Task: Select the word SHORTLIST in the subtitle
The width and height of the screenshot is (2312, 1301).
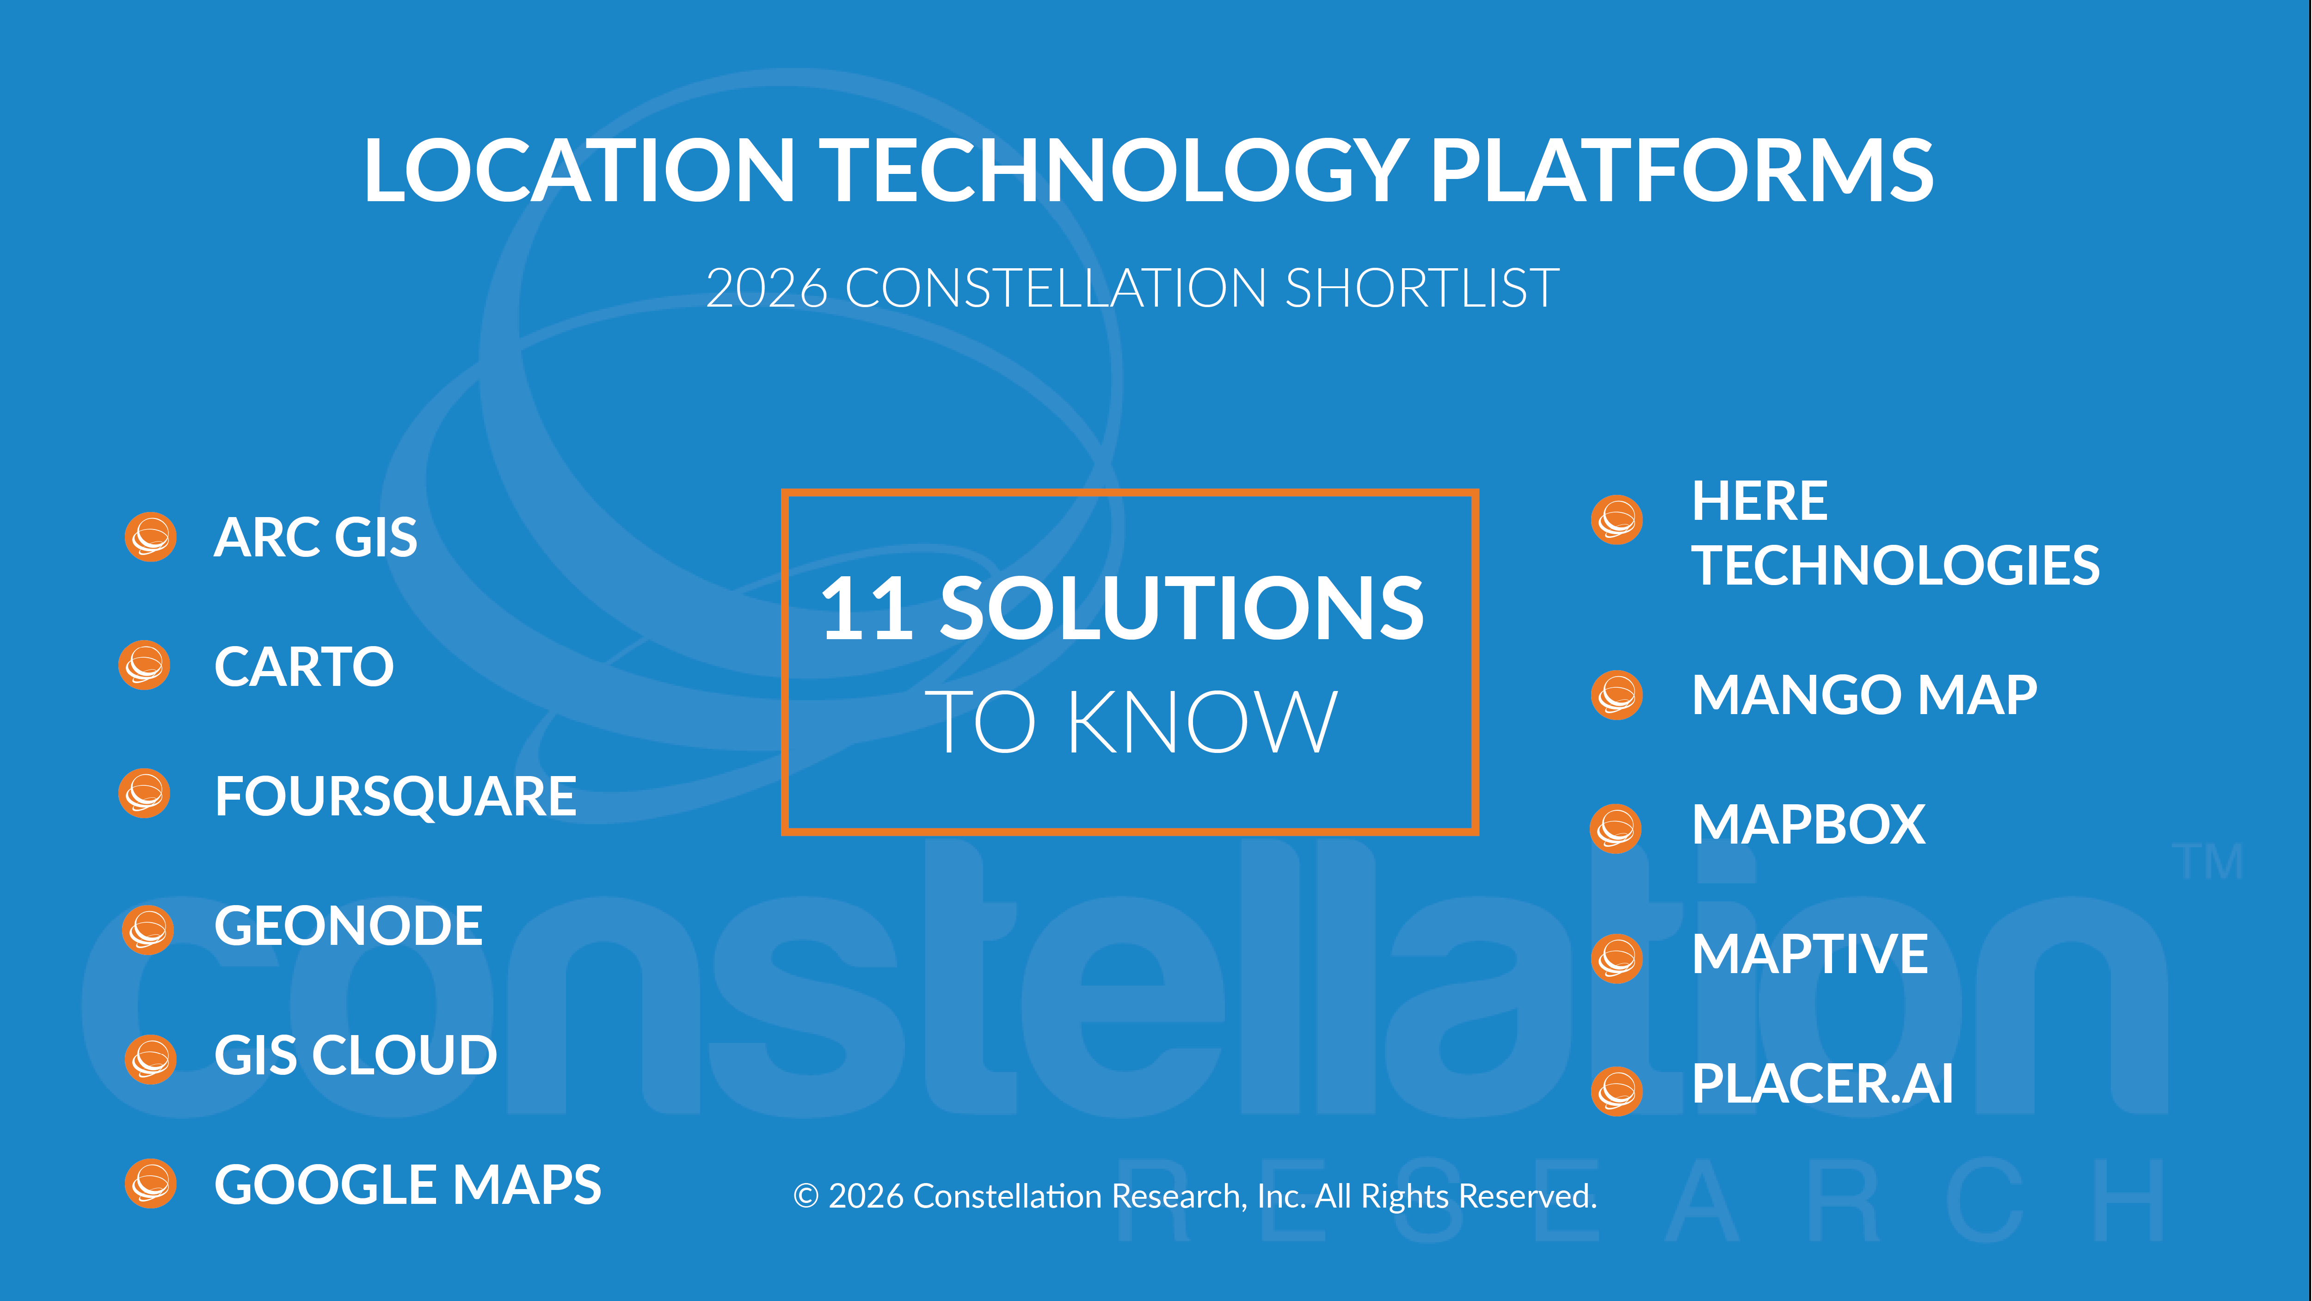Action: coord(1422,288)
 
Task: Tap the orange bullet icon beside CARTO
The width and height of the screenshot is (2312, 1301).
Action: coord(144,666)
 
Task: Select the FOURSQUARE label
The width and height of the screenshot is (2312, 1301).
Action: coord(395,796)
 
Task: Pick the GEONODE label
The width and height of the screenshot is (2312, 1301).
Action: coord(348,926)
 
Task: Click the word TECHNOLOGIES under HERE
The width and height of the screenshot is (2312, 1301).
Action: coord(1895,566)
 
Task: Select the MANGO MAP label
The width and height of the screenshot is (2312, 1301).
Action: coord(1864,695)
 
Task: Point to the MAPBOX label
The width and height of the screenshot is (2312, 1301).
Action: coord(1808,824)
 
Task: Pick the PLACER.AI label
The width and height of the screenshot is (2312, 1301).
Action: coord(1822,1084)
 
